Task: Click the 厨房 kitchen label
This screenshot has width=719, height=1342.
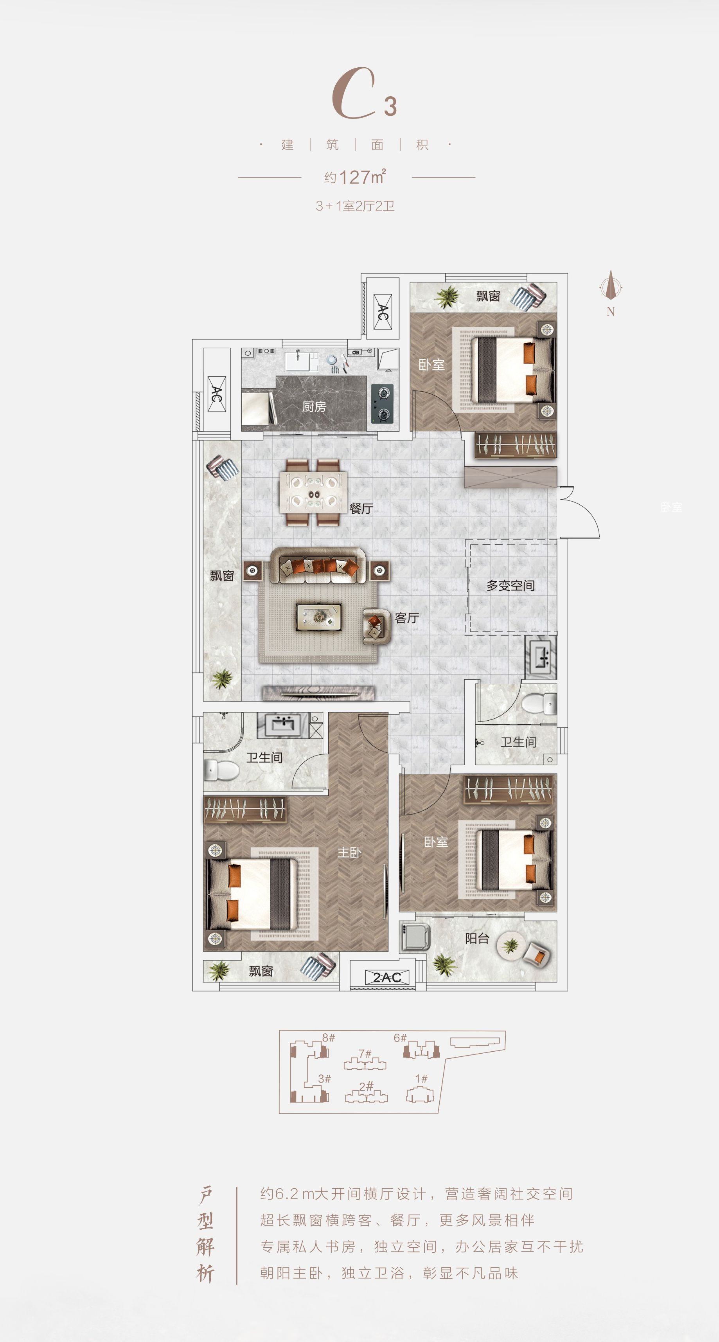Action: [314, 407]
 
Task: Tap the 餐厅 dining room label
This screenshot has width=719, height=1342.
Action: [361, 509]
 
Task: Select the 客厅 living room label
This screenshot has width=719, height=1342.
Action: [407, 618]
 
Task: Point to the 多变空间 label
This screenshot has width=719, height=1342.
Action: [510, 586]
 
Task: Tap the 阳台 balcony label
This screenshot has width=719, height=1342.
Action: [477, 938]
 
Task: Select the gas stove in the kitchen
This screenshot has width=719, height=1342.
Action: [383, 404]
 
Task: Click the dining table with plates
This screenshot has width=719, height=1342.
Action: [314, 492]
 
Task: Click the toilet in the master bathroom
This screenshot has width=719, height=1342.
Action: [221, 770]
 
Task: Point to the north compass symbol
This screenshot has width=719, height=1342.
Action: [611, 287]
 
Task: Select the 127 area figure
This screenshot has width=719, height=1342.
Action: [354, 177]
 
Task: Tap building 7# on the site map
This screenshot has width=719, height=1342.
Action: [365, 1061]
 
